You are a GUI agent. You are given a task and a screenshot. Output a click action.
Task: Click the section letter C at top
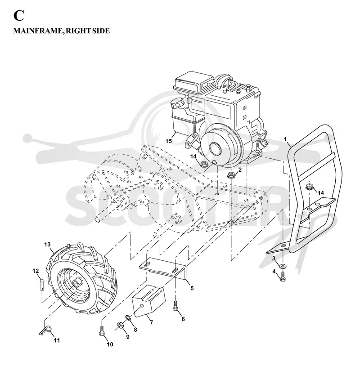(18, 16)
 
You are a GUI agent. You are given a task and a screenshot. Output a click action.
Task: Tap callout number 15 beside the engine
(168, 141)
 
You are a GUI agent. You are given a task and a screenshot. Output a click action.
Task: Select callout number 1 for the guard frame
(285, 139)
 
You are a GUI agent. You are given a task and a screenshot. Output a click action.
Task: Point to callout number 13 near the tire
(47, 245)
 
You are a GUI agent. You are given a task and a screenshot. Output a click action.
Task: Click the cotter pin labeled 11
(45, 331)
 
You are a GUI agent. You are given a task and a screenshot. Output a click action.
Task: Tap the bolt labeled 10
(101, 331)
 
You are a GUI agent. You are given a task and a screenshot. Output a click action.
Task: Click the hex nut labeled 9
(121, 325)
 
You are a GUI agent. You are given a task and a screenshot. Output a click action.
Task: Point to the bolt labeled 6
(175, 306)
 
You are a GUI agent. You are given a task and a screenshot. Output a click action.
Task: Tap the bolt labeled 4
(283, 277)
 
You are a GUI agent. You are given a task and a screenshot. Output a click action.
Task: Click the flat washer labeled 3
(283, 266)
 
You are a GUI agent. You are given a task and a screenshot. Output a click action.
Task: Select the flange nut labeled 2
(231, 175)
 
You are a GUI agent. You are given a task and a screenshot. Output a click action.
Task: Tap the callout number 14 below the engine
(193, 156)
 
